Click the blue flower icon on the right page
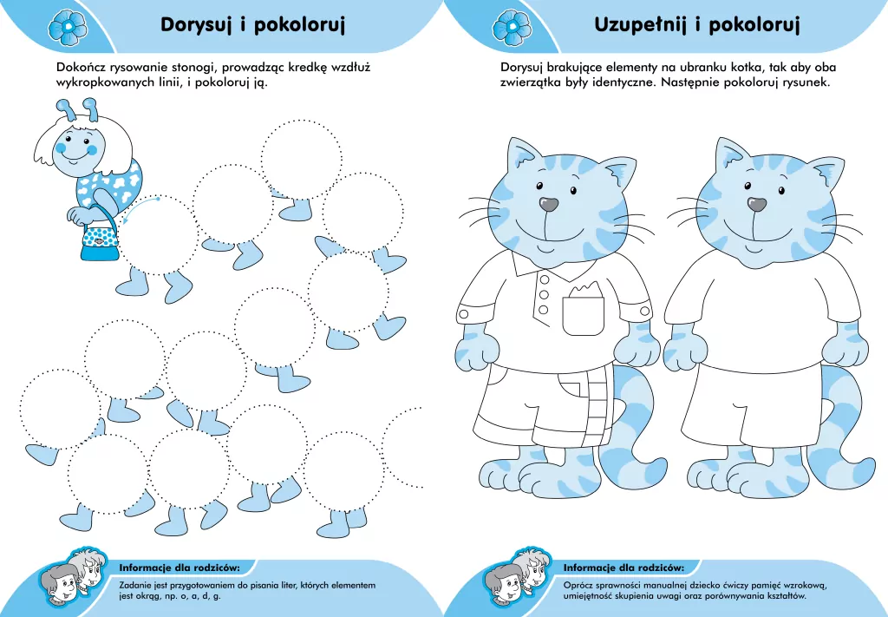(x=511, y=27)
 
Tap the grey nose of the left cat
(x=549, y=205)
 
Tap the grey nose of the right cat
(x=757, y=205)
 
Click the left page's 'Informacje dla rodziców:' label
(x=179, y=568)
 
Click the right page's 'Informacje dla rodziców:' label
(x=624, y=568)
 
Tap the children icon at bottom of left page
(x=69, y=577)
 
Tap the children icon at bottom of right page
(x=513, y=577)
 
